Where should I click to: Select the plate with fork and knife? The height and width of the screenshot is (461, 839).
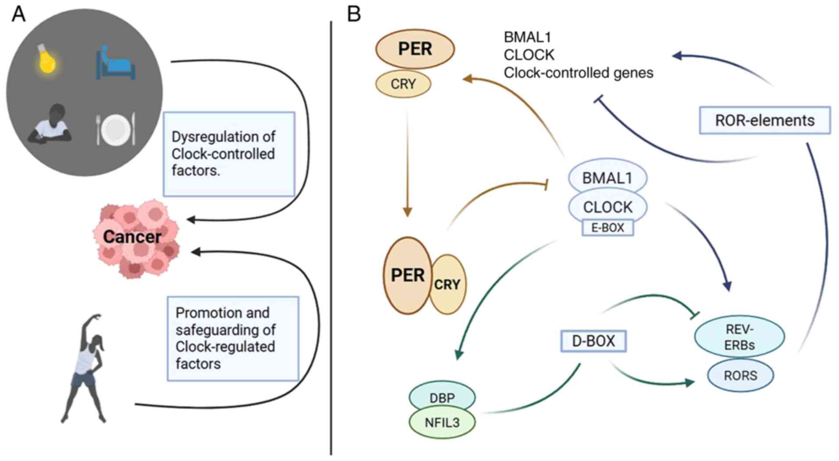pos(116,129)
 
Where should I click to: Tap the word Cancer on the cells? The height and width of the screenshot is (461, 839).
pos(132,237)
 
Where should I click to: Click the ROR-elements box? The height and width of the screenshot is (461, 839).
pos(764,120)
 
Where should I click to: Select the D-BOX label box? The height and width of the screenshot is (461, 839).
pos(593,341)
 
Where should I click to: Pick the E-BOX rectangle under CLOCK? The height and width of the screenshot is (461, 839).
pos(607,228)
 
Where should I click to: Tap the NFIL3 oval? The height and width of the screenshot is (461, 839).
pos(442,422)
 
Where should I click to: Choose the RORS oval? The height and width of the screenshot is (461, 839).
pos(740,375)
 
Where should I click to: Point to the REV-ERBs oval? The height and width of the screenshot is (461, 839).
pos(739,336)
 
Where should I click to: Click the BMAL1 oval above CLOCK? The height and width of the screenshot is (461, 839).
pos(607,178)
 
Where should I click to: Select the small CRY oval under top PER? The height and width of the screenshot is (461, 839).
pos(403,84)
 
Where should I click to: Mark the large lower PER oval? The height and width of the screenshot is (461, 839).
pos(407,275)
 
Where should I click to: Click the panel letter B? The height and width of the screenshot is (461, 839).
pos(353,14)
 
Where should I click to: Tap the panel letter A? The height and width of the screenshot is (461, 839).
pos(18,14)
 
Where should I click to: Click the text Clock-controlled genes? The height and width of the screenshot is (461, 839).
pos(578,73)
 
